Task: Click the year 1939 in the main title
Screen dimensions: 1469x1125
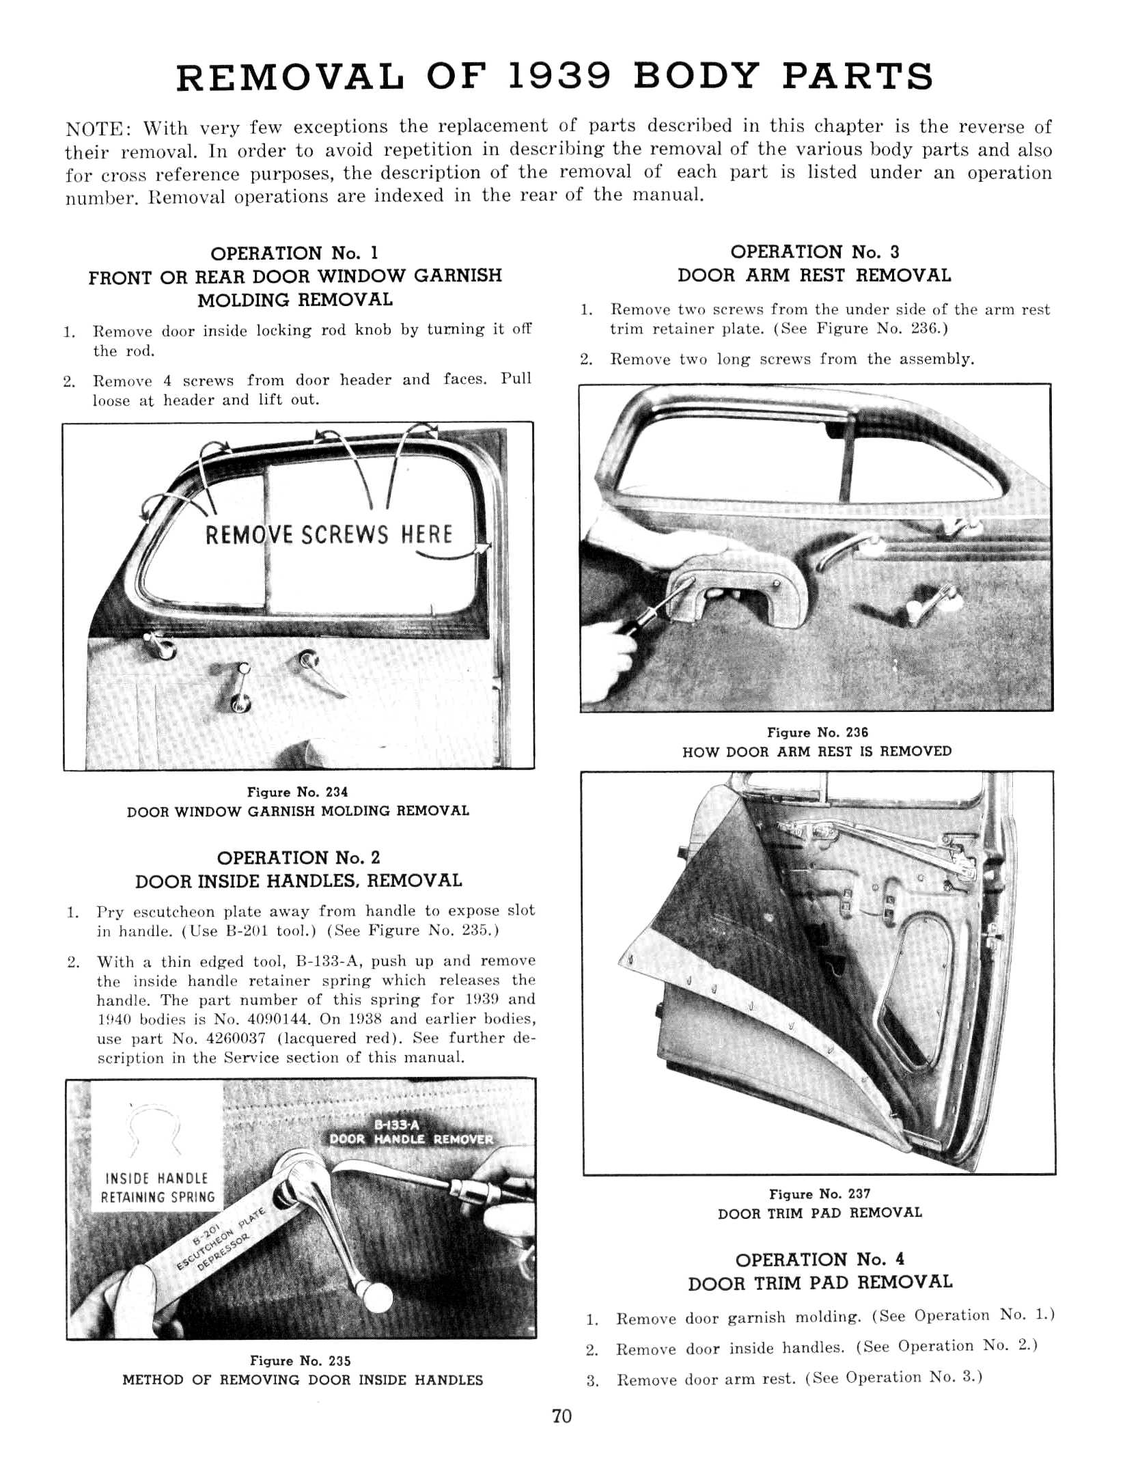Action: coord(560,77)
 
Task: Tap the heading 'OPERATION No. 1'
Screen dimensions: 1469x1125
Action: coord(294,253)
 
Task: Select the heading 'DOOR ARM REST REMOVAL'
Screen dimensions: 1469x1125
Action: coord(814,276)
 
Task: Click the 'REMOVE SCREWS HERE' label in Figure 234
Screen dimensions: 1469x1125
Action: coord(329,534)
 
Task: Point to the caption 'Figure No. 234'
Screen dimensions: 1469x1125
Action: coord(297,792)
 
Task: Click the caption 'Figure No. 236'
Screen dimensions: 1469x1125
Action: coord(818,732)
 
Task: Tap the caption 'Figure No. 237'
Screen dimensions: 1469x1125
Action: coord(820,1194)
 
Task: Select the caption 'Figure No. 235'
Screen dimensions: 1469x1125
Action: coord(301,1360)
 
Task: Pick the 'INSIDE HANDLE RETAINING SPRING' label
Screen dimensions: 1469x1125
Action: coord(158,1187)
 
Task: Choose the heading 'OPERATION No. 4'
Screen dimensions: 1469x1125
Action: coord(820,1259)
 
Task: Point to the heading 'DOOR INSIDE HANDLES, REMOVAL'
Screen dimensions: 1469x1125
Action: coord(298,881)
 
